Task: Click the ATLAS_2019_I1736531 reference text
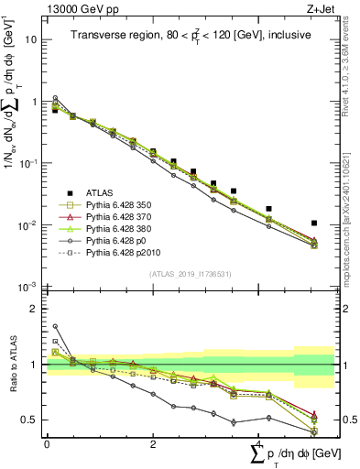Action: point(189,274)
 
